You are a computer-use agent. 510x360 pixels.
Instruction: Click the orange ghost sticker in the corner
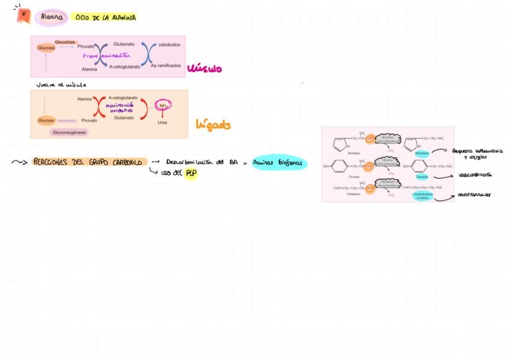click(23, 14)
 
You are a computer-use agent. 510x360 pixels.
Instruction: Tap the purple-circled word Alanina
click(52, 18)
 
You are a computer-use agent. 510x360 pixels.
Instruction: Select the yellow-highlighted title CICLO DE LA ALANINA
click(106, 18)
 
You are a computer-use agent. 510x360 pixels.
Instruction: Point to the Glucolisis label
click(65, 41)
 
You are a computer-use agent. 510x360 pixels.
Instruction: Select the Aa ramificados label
click(165, 66)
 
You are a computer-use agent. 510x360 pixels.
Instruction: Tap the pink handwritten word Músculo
click(204, 69)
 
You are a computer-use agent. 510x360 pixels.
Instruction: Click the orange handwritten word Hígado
click(213, 125)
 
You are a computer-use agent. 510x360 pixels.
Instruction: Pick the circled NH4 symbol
click(162, 106)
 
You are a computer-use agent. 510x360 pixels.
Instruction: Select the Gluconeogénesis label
click(70, 132)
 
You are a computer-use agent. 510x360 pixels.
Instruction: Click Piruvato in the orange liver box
click(89, 120)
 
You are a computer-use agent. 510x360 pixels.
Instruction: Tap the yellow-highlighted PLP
click(191, 173)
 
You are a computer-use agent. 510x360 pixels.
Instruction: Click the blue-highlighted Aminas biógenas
click(279, 162)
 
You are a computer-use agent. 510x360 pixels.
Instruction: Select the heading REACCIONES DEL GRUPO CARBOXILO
click(89, 162)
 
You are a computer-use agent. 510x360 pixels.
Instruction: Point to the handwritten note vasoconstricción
click(475, 175)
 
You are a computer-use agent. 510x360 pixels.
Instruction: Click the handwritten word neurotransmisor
click(475, 195)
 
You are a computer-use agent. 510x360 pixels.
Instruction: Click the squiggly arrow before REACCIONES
click(20, 162)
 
